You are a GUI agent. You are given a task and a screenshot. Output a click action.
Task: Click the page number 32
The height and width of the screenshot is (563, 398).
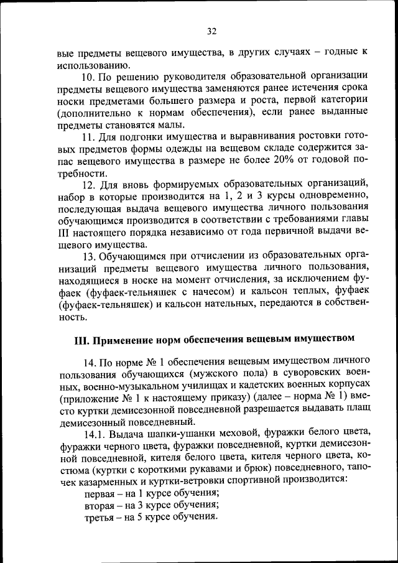[211, 31]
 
